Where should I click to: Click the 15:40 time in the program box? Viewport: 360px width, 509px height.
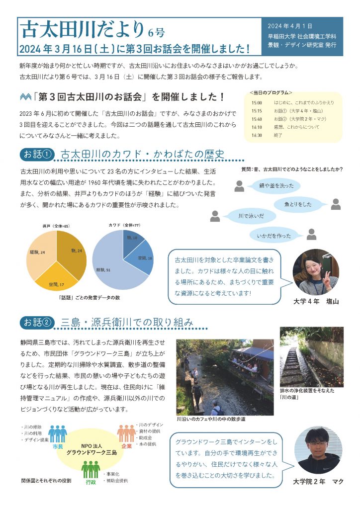click(x=257, y=119)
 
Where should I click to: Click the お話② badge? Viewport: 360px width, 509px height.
click(x=36, y=323)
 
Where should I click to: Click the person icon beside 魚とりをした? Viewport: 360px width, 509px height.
click(x=336, y=204)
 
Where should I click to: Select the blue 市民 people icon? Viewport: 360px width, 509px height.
click(x=58, y=434)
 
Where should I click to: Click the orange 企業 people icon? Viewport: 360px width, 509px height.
click(x=126, y=433)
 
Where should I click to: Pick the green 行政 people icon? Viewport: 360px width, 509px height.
click(x=90, y=469)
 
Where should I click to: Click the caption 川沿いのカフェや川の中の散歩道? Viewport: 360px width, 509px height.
click(x=211, y=420)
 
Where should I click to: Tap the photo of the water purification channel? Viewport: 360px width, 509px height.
click(x=311, y=356)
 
